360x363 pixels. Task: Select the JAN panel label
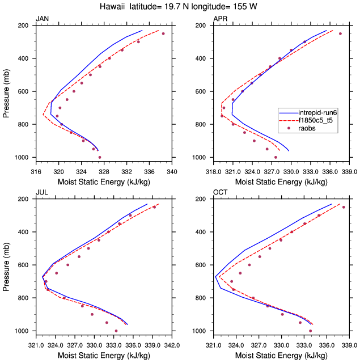point(43,19)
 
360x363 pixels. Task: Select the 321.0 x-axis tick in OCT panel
point(213,344)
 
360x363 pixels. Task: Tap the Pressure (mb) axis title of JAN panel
point(6,91)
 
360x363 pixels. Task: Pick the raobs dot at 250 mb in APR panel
point(340,33)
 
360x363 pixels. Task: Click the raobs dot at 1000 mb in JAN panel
point(100,157)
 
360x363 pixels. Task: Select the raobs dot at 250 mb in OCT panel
point(344,207)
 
